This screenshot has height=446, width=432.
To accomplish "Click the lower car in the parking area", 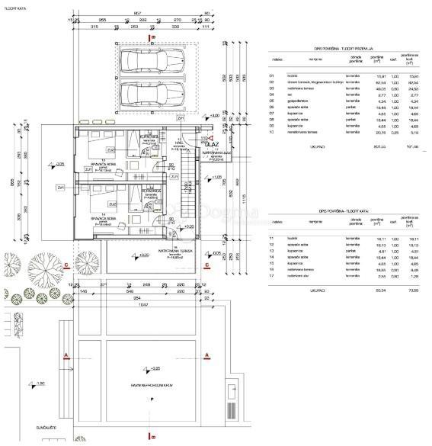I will pyautogui.click(x=152, y=95).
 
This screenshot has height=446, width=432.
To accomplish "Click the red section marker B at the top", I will pyautogui.click(x=153, y=36).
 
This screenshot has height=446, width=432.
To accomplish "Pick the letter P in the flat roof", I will pyautogui.click(x=153, y=399).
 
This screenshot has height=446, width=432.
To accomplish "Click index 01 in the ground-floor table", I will pyautogui.click(x=272, y=75).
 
